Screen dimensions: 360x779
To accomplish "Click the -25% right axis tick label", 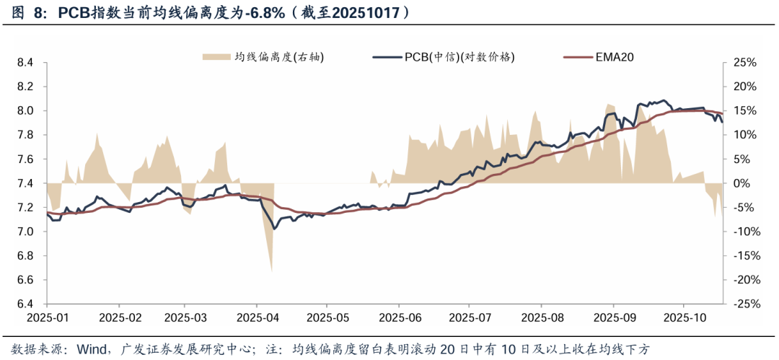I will click(x=744, y=304).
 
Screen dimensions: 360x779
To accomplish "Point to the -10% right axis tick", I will click(x=744, y=232).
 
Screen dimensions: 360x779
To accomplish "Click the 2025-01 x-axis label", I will click(x=47, y=317).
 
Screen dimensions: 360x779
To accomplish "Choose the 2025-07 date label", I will click(x=469, y=317).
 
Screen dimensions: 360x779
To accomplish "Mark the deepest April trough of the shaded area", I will click(x=271, y=271).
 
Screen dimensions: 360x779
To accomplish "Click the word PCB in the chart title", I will click(x=73, y=13).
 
